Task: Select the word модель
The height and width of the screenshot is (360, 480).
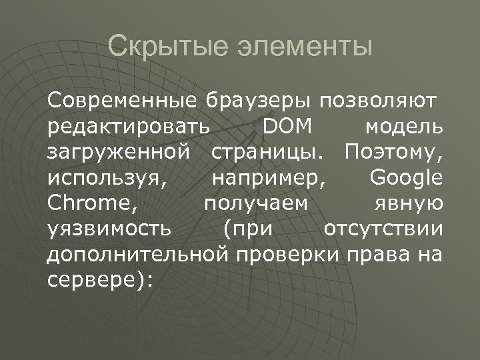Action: [404, 127]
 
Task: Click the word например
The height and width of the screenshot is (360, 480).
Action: [267, 178]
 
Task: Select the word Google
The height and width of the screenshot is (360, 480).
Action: [406, 178]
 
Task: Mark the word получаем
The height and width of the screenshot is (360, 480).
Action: [257, 203]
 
